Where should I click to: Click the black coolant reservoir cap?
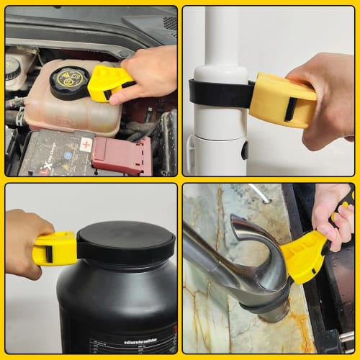[69, 82]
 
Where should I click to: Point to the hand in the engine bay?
[148, 72]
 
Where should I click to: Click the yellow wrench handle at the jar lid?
[55, 248]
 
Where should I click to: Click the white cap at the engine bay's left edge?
[12, 68]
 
